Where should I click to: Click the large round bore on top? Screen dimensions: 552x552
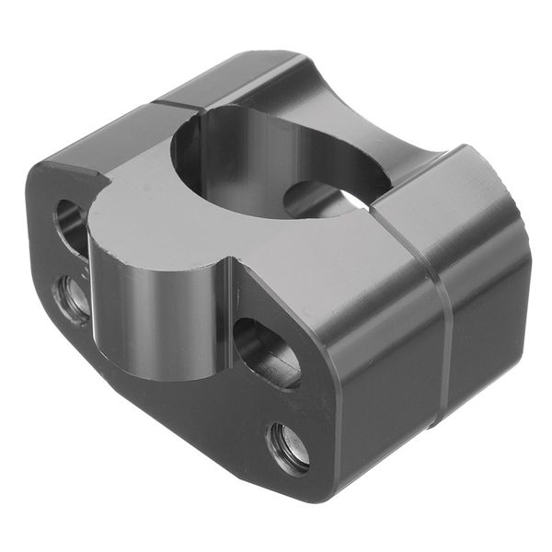tap(276, 156)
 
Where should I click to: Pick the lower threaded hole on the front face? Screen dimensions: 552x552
tap(289, 448)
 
